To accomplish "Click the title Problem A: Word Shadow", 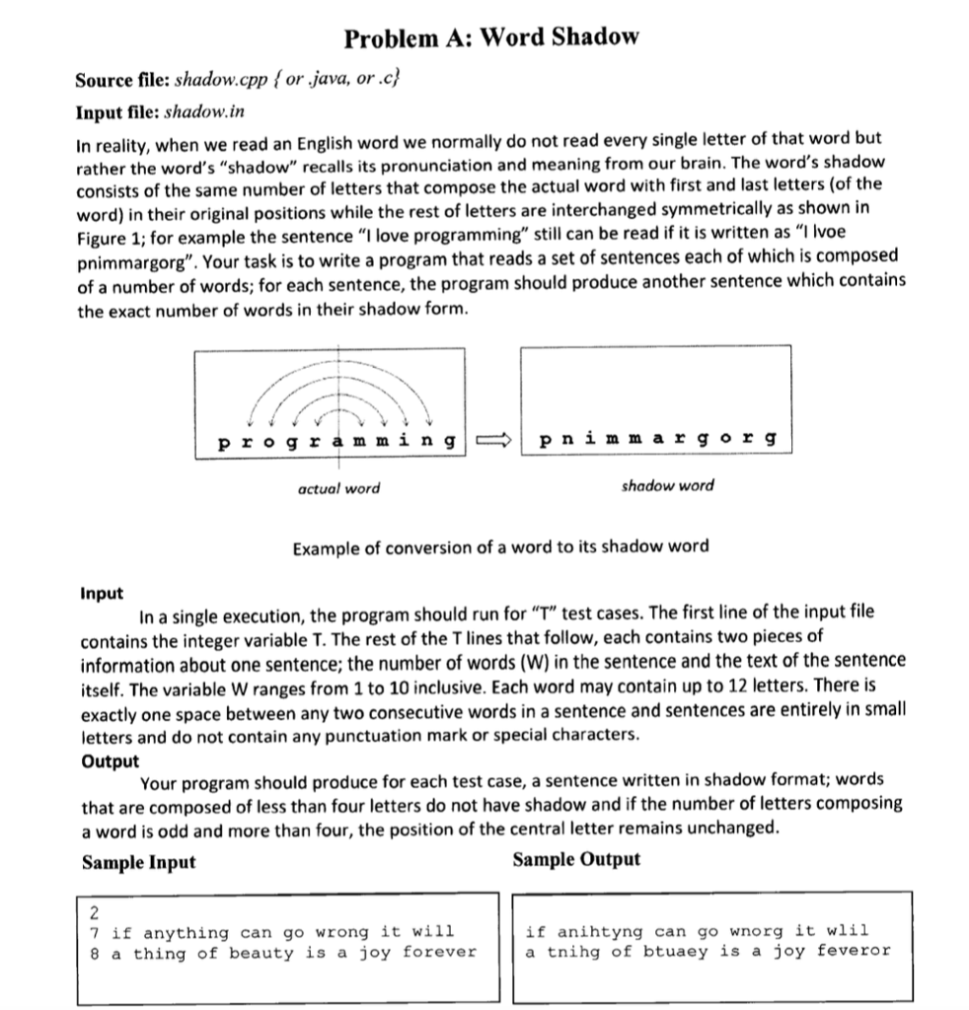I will [x=491, y=37].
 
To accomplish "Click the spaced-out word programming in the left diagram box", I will [x=335, y=439].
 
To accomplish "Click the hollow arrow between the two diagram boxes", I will [x=491, y=439].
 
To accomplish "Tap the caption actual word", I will [x=338, y=487].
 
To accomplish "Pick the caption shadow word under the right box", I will [x=667, y=485].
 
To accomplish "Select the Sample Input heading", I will [x=139, y=862].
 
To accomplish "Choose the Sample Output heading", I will [x=576, y=859].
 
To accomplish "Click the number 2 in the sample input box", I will [x=94, y=911].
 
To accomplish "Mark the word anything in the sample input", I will [x=186, y=932].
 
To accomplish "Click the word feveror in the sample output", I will [x=854, y=951].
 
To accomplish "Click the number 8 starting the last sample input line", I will [x=94, y=953].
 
